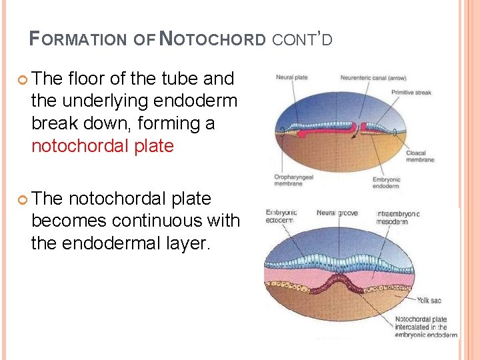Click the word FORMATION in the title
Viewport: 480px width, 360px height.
pyautogui.click(x=78, y=39)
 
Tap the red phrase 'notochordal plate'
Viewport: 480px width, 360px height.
pyautogui.click(x=102, y=146)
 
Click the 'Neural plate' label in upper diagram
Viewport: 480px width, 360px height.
pyautogui.click(x=291, y=78)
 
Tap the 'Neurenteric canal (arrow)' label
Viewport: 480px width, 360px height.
pyautogui.click(x=373, y=78)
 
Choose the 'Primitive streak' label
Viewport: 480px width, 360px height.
pyautogui.click(x=411, y=93)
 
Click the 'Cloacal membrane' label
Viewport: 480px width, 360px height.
pyautogui.click(x=420, y=156)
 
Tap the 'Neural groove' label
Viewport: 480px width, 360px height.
pyautogui.click(x=337, y=213)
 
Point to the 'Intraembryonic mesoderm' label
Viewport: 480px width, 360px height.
pyautogui.click(x=398, y=217)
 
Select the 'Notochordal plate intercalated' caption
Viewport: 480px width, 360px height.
pyautogui.click(x=425, y=327)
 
